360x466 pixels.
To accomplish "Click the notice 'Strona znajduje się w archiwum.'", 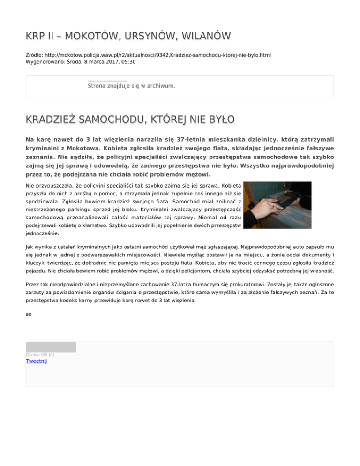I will pyautogui.click(x=131, y=86).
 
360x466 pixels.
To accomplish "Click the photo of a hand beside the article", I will pyautogui.click(x=278, y=202).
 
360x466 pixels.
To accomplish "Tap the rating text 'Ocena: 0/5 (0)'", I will pyautogui.click(x=40, y=355).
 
